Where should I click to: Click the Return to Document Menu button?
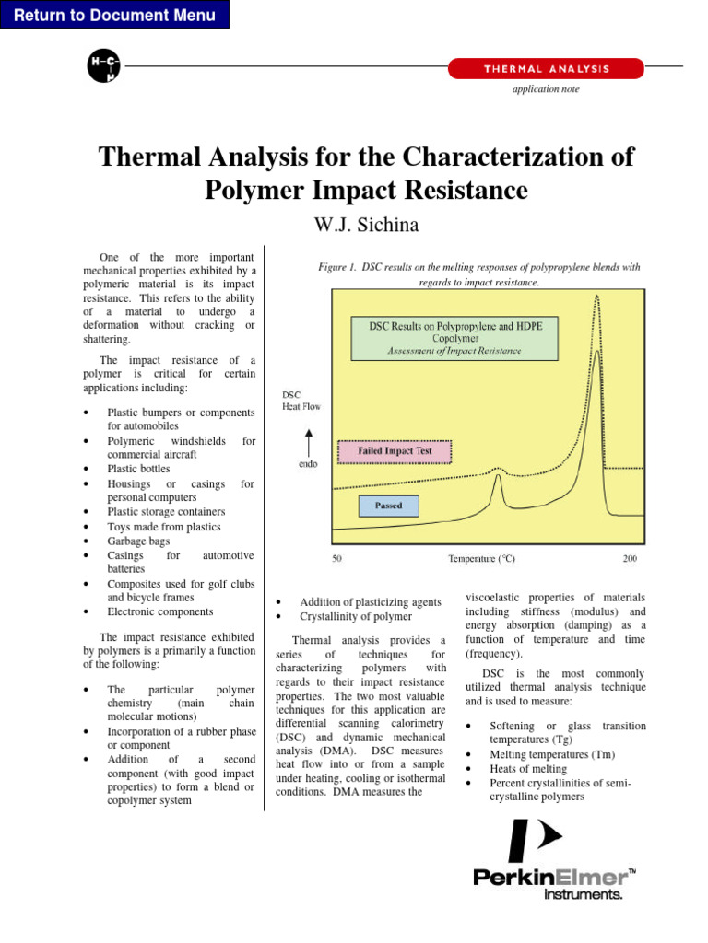point(114,15)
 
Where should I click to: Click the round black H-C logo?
point(102,66)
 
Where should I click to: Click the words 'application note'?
point(546,89)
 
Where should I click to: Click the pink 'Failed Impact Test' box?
point(395,452)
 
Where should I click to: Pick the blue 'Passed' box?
point(388,506)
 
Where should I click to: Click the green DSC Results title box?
point(454,338)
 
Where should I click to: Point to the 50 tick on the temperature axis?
point(337,559)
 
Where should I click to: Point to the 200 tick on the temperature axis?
point(629,559)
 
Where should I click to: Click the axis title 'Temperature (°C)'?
point(481,559)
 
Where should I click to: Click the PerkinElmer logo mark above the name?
point(535,840)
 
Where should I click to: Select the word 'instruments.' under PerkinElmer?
point(584,893)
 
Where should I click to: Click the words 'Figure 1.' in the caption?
point(337,267)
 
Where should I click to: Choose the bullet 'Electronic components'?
point(159,611)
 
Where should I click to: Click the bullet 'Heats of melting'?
point(528,769)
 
